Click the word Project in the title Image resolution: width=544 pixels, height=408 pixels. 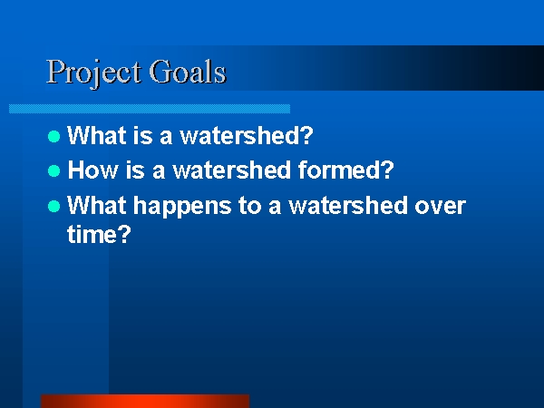coord(93,73)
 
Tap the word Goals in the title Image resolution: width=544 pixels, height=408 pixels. coord(188,71)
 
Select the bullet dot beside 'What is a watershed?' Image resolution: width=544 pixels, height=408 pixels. coord(53,136)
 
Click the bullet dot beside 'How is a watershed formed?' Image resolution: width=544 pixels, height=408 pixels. coord(53,171)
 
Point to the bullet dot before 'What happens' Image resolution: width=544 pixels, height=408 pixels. coord(53,207)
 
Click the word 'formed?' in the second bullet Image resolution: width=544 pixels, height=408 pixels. coord(346,170)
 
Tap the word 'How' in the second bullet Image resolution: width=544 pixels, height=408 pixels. coord(92,170)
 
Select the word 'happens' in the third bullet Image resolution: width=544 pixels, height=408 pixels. coord(182,207)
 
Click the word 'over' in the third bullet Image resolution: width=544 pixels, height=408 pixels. coord(440,207)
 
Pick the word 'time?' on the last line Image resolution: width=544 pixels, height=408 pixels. coord(99,234)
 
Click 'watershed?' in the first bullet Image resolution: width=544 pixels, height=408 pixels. coord(247,135)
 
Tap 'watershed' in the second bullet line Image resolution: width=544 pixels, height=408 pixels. coord(231,170)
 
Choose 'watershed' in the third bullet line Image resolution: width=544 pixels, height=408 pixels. coord(347,205)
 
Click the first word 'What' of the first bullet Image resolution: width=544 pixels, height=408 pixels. coord(96,135)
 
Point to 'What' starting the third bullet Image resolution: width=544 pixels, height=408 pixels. coord(96,205)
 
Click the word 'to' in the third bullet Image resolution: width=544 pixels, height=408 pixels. coord(249,206)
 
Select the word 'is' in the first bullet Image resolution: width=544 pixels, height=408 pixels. coord(143,135)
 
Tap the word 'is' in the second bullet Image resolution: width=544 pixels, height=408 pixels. coord(135,170)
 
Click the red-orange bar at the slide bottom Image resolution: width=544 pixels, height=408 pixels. coord(145,401)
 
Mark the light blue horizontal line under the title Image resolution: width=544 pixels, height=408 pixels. coord(150,109)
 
